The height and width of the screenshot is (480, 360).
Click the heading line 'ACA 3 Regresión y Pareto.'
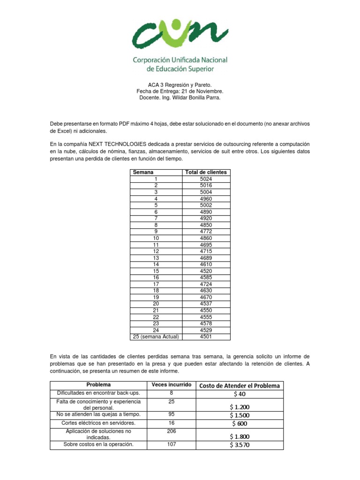(x=180, y=84)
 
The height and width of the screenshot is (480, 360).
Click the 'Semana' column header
(x=143, y=172)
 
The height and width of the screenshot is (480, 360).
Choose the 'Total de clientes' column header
(x=206, y=172)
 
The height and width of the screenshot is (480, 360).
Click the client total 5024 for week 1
(x=206, y=179)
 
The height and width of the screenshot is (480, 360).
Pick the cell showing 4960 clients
(x=206, y=199)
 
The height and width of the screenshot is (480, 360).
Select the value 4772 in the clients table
(x=206, y=232)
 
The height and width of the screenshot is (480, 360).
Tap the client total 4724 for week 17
(x=206, y=284)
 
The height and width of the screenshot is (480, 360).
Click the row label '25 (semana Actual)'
(x=155, y=337)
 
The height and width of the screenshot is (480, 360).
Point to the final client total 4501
(x=206, y=337)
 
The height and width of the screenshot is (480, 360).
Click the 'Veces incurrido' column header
(x=171, y=385)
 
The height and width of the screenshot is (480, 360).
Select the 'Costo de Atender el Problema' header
(x=240, y=385)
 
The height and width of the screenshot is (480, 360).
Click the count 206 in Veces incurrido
(x=171, y=431)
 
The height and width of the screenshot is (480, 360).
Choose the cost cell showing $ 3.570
(x=240, y=445)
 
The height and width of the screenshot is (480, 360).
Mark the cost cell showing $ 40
(x=240, y=394)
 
